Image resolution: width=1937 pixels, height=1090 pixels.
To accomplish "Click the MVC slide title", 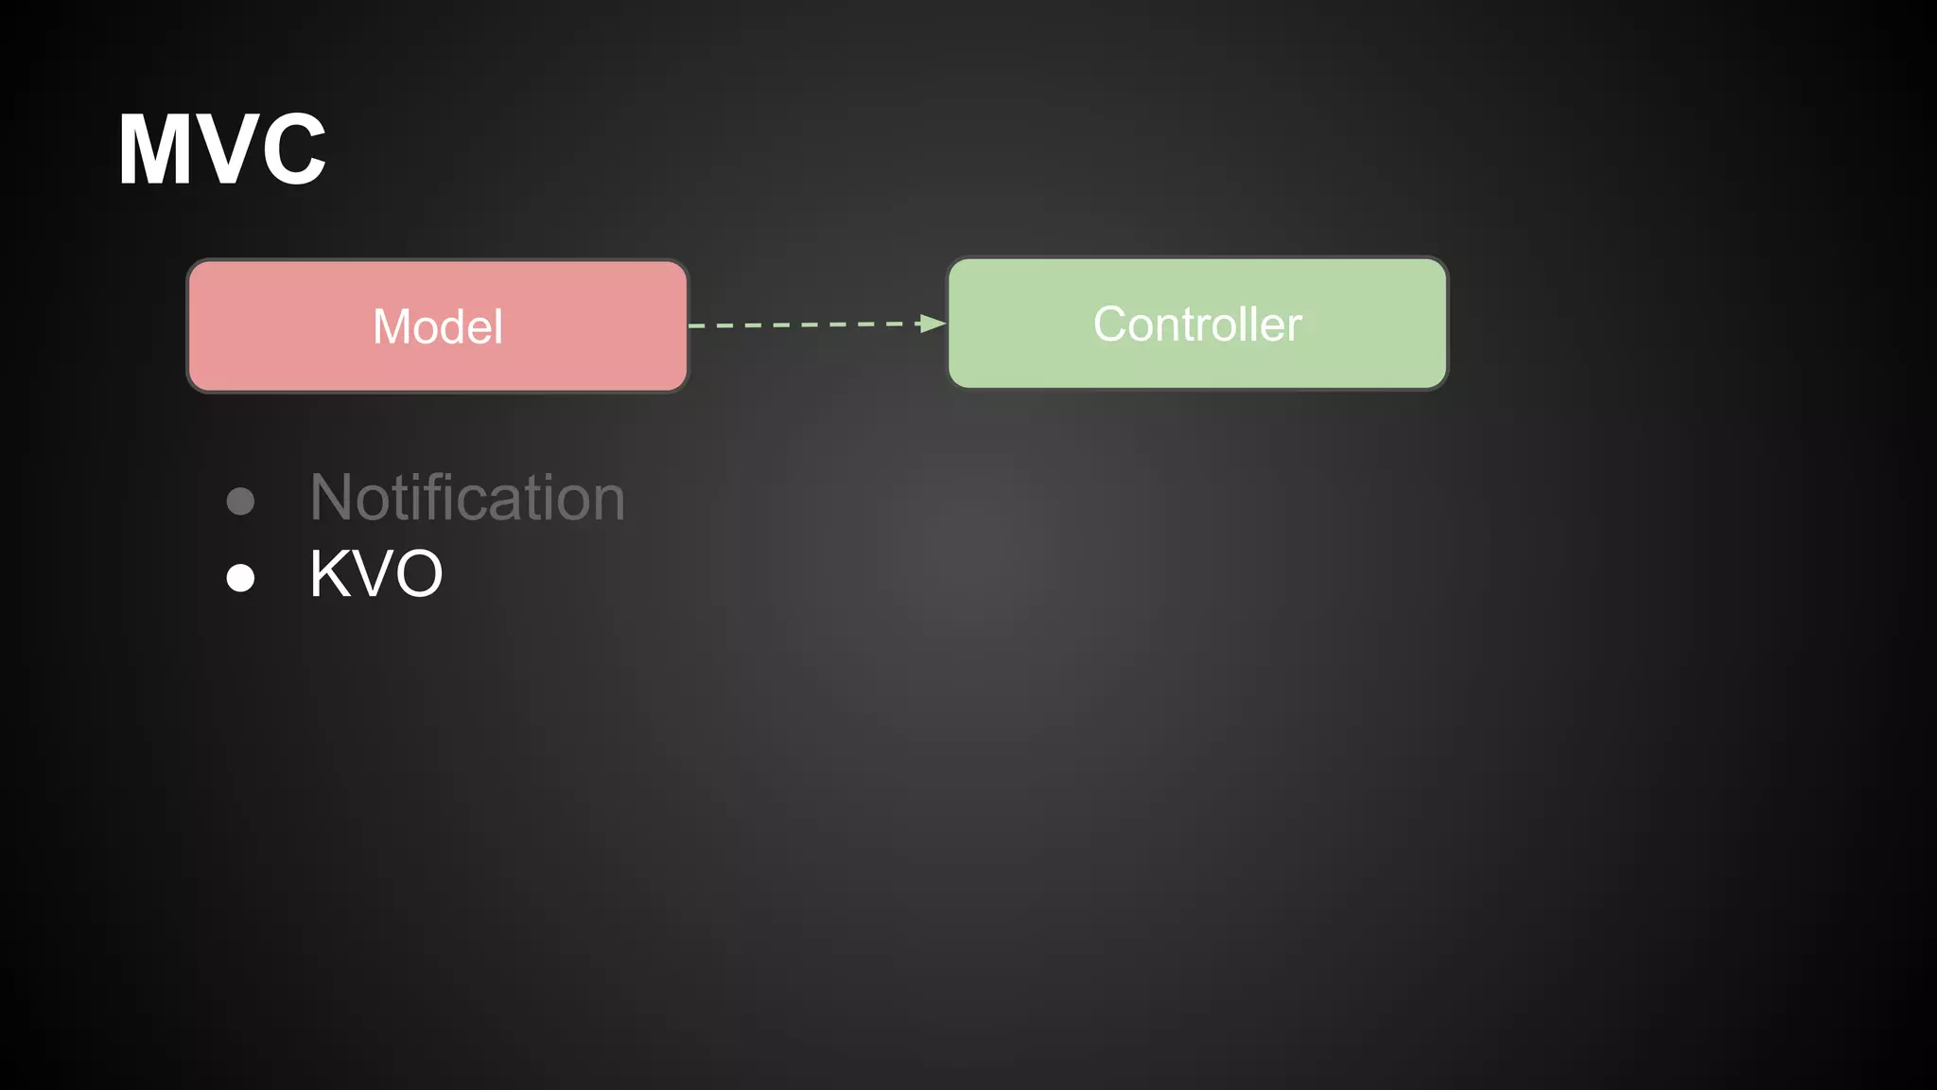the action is point(222,149).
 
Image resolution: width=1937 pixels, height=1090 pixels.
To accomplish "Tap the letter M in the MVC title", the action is point(155,149).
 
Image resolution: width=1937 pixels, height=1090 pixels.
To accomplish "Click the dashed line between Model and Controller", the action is point(804,325).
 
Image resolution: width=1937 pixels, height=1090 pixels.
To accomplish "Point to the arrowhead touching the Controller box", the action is point(933,324).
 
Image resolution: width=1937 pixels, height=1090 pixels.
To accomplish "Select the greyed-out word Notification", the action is point(467,498).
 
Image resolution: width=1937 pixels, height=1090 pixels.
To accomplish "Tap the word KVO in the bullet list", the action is point(376,574).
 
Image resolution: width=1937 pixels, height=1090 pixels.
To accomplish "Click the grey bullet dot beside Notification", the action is point(241,501).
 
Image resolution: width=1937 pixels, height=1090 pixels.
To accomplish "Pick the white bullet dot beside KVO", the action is point(241,577).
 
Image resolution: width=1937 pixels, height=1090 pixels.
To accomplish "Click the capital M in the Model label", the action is point(392,327).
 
